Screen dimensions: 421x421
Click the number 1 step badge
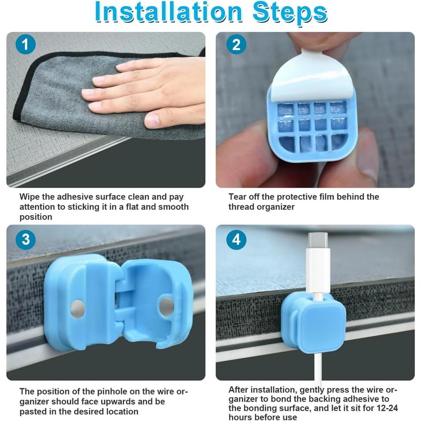(x=25, y=44)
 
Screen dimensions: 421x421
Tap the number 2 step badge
(x=236, y=44)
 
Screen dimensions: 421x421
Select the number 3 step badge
(x=25, y=239)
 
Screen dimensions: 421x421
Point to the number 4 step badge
(x=236, y=239)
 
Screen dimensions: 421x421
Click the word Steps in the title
(x=290, y=13)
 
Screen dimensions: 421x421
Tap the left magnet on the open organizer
(x=77, y=309)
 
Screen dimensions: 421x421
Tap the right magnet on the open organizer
(x=166, y=306)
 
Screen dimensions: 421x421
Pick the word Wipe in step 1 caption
(x=30, y=197)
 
